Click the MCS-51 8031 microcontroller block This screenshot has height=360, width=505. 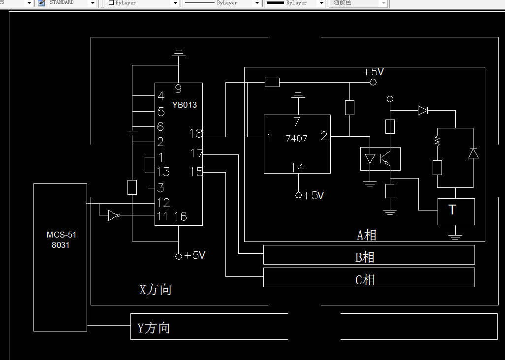tap(61, 257)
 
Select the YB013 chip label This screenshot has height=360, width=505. tap(185, 105)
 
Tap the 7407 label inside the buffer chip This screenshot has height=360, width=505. tap(296, 139)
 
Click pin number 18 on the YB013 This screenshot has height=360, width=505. tap(196, 133)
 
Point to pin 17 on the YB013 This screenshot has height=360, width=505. tap(197, 154)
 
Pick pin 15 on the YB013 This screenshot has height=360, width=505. tap(196, 172)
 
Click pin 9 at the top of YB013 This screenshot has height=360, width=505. tap(178, 89)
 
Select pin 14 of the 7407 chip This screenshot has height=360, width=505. tap(297, 168)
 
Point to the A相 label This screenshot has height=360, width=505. tap(367, 235)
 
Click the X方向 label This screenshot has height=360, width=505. tap(156, 290)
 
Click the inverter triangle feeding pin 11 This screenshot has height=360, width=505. tap(113, 215)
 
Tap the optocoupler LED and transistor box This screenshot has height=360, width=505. tap(380, 159)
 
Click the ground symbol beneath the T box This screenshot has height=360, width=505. tap(455, 237)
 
